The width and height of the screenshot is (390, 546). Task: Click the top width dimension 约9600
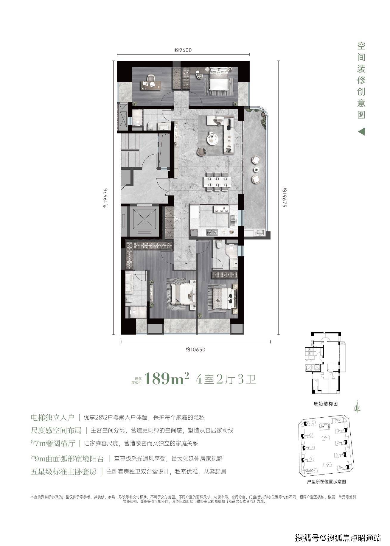tap(183, 50)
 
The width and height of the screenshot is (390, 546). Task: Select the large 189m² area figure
tap(167, 379)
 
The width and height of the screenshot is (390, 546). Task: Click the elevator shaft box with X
tap(144, 219)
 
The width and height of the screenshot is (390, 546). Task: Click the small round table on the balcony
tap(256, 169)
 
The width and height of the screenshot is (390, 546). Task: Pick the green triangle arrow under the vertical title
tap(361, 131)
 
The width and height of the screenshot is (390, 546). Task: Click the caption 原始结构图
tap(325, 404)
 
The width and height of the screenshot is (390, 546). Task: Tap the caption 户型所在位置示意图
tap(326, 482)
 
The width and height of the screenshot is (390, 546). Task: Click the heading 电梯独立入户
tap(52, 417)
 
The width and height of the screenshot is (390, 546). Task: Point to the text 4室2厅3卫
tap(226, 379)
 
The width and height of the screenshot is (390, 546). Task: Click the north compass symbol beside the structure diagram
tap(357, 405)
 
